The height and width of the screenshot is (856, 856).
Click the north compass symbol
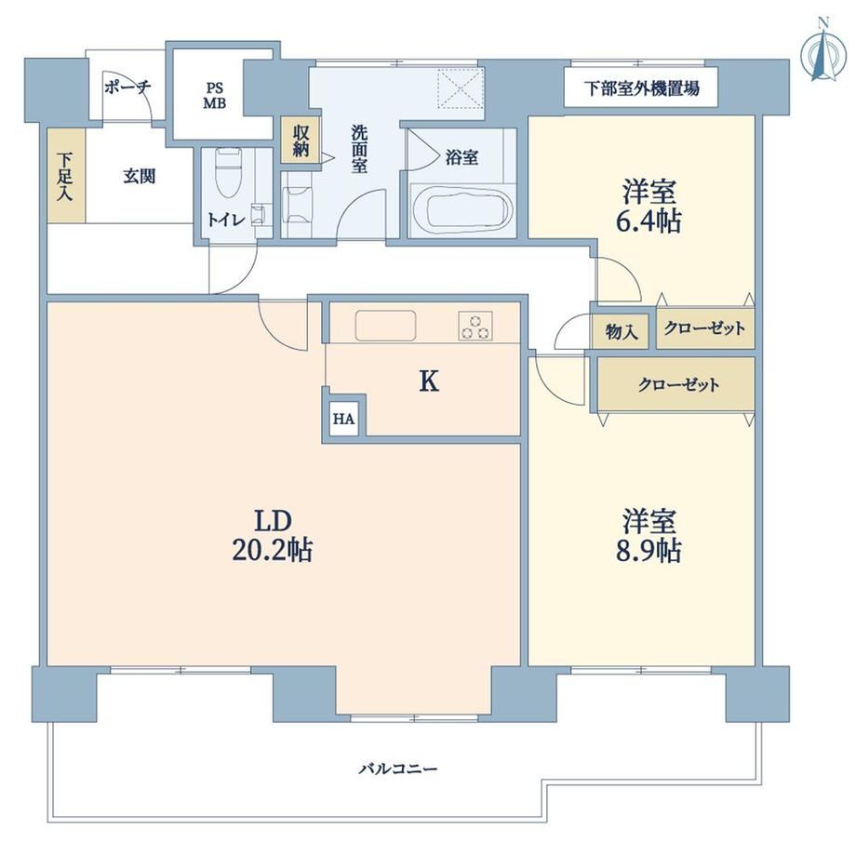coord(823,52)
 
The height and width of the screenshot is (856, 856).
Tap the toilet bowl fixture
coord(229,172)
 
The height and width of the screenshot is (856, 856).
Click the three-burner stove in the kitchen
coord(475,326)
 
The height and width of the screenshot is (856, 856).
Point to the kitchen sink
coord(385,326)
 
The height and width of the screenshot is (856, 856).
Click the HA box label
coord(344,420)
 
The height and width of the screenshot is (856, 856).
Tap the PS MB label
coord(215,96)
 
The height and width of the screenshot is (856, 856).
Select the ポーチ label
coord(127,87)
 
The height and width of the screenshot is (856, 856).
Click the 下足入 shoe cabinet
coord(66,176)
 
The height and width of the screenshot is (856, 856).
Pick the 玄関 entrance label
coord(140,176)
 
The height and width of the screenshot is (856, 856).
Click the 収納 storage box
coord(301,140)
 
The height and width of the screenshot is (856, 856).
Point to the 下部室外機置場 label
coord(641,87)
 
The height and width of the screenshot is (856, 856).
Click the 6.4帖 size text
coord(649,221)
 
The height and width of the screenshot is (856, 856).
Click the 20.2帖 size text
coord(272,550)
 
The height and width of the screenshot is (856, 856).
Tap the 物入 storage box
coord(621,331)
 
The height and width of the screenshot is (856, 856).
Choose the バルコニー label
coord(398,769)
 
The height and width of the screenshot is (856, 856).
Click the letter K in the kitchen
coord(429,381)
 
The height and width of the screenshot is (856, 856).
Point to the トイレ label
coord(225,220)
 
